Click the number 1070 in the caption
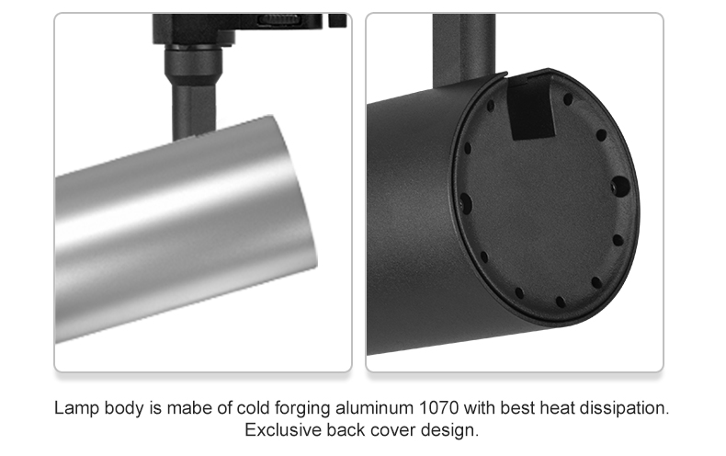pos(438,408)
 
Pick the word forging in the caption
pos(302,409)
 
